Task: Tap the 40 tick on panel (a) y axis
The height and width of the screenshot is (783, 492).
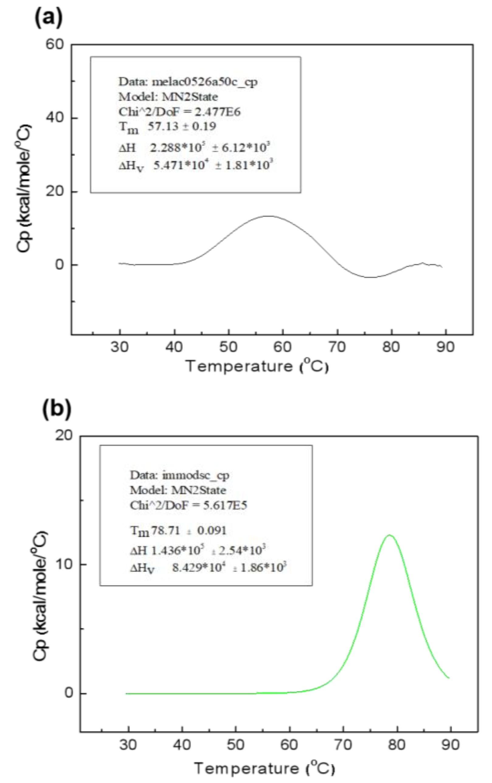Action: (54, 118)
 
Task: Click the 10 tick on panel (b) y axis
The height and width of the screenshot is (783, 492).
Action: (64, 564)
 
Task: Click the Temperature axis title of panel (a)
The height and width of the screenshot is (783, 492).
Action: (257, 367)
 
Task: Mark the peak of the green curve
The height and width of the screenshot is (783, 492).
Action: (389, 535)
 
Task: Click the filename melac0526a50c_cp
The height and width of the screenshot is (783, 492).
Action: (205, 82)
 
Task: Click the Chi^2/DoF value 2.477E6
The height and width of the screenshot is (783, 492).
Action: (217, 112)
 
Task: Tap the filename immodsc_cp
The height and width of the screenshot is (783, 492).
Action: (195, 475)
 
